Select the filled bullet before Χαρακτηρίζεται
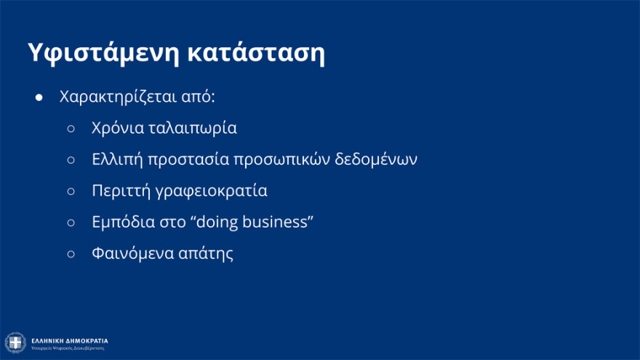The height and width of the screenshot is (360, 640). click(x=39, y=97)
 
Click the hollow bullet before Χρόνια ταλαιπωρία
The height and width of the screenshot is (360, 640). click(x=71, y=129)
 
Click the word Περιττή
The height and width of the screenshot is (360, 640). click(x=119, y=191)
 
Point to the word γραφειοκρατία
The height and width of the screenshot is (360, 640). click(x=211, y=191)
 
